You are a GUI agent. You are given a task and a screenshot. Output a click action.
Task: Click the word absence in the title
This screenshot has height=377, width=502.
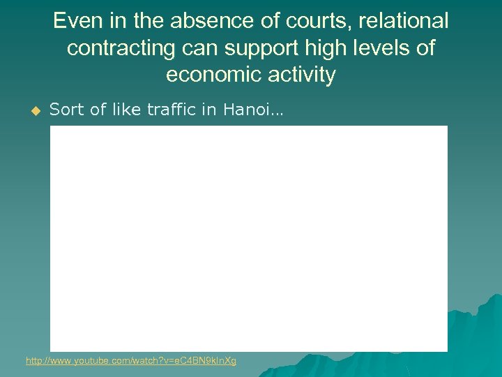201,21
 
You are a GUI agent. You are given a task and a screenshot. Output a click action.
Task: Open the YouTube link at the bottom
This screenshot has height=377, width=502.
131,361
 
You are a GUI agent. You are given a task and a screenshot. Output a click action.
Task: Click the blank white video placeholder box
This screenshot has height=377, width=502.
248,237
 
